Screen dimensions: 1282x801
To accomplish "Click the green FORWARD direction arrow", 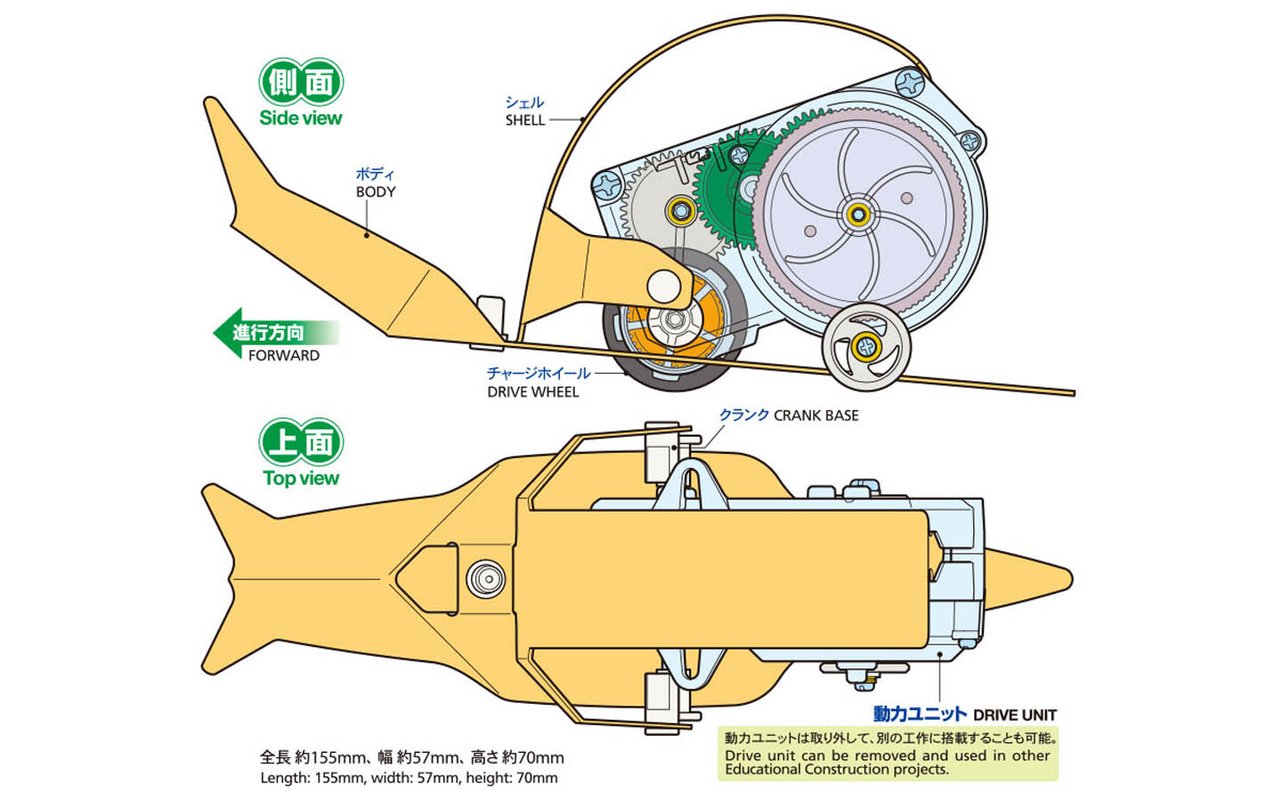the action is [276, 333].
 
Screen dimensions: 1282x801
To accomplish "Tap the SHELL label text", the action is [525, 120].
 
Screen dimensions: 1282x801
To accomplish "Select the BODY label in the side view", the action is [376, 191].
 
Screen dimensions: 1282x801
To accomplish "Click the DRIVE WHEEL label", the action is [532, 392].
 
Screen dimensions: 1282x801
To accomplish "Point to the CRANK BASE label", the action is [816, 416].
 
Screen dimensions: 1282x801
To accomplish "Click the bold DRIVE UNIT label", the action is [1015, 715].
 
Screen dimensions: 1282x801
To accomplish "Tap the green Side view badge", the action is [301, 93].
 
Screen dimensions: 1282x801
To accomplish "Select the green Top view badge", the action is [301, 452].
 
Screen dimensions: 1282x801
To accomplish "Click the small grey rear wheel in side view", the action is [866, 347].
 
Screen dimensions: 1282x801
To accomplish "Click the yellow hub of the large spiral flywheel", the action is [856, 215].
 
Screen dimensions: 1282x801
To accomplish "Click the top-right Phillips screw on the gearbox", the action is [910, 83].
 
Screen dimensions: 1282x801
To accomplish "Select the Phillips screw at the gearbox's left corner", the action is [607, 186].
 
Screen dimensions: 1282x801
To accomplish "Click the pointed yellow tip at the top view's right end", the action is [1071, 579].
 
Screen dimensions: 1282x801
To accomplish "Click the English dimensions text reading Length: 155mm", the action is [409, 778].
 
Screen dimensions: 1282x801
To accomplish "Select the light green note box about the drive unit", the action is [888, 754].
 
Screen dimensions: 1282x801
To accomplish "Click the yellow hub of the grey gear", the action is [680, 211].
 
